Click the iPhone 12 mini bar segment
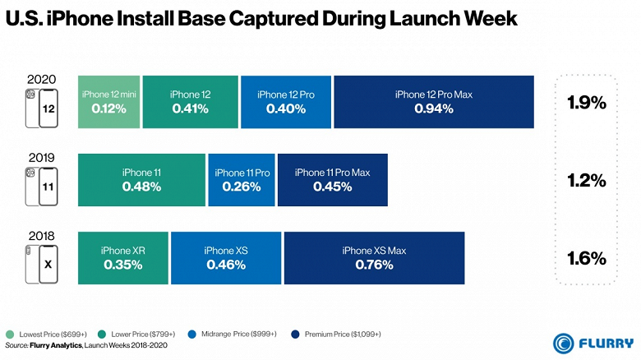pyautogui.click(x=108, y=102)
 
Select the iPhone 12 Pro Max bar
pyautogui.click(x=434, y=102)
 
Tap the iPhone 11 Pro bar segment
pyautogui.click(x=242, y=180)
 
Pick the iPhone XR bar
pyautogui.click(x=122, y=258)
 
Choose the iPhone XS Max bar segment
pyautogui.click(x=374, y=258)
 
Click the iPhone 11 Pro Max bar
pyautogui.click(x=333, y=180)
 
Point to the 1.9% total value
pyautogui.click(x=587, y=104)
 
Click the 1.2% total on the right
pyautogui.click(x=587, y=180)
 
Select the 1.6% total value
pyautogui.click(x=587, y=258)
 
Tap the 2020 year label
pyautogui.click(x=41, y=80)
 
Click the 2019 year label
pyautogui.click(x=41, y=158)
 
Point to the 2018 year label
pyautogui.click(x=41, y=236)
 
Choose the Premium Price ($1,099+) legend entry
pyautogui.click(x=339, y=335)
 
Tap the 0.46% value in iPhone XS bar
pyautogui.click(x=226, y=265)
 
